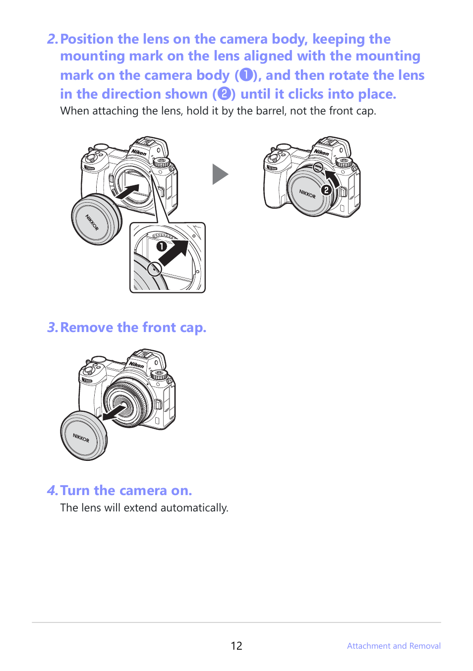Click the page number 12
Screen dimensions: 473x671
pos(236,646)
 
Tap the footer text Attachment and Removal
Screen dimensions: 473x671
pos(394,646)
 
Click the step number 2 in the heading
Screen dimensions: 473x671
pos(52,39)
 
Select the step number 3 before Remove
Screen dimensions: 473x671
pos(52,328)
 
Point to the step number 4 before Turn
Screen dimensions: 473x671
pos(52,491)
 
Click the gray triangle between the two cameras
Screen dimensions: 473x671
pos(220,174)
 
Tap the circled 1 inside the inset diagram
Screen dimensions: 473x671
pos(161,246)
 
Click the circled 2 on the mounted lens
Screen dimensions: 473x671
pos(326,190)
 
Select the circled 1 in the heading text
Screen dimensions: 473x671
pos(246,75)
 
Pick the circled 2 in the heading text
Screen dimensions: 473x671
pos(224,94)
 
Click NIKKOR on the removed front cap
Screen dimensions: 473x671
pos(81,438)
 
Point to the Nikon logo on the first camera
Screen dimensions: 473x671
pos(139,152)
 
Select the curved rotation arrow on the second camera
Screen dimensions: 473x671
pos(332,178)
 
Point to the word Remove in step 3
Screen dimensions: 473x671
pos(87,328)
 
